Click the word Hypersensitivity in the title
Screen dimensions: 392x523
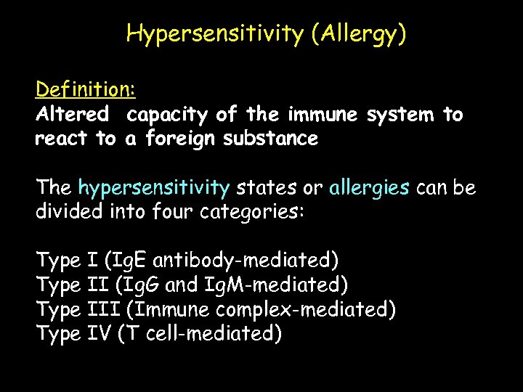click(x=214, y=34)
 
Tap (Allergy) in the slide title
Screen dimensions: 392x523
click(x=358, y=34)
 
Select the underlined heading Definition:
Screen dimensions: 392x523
click(x=85, y=90)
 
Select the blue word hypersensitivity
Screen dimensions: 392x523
click(x=154, y=188)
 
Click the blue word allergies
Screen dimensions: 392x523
click(x=369, y=188)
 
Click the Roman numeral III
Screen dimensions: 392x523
click(x=103, y=310)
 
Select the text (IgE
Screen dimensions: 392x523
click(x=126, y=260)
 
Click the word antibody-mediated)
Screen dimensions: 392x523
click(x=246, y=260)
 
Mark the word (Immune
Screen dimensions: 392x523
click(x=167, y=310)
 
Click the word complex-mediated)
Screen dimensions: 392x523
click(x=306, y=310)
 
